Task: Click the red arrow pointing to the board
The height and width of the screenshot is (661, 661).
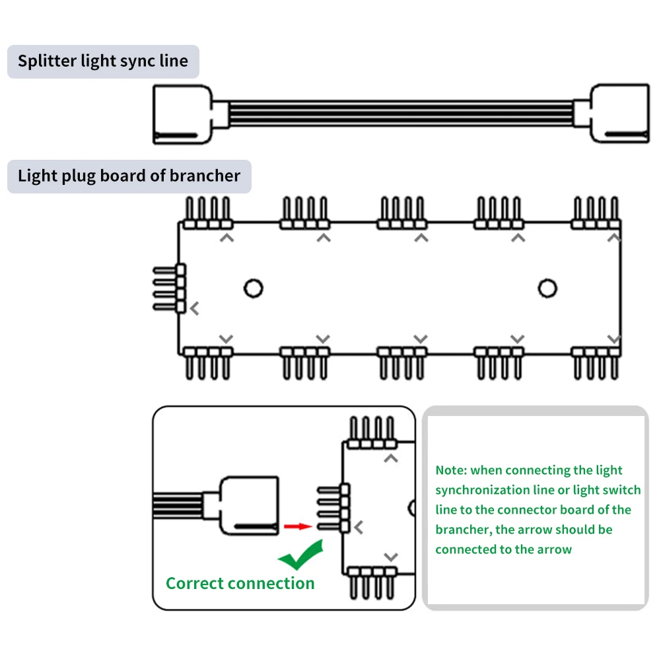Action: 298,526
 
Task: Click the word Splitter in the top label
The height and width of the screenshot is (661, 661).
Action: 47,61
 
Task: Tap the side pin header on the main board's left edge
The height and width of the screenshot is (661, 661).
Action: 170,289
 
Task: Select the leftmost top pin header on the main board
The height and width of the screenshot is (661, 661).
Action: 208,213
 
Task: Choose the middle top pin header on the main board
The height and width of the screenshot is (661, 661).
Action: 401,213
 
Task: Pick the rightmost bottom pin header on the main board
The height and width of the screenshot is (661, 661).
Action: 596,363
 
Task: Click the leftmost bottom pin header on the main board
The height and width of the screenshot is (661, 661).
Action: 208,363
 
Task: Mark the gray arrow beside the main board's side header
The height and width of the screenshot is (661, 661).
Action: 194,308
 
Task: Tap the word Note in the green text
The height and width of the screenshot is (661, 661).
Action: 450,470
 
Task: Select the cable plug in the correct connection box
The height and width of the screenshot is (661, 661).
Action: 249,506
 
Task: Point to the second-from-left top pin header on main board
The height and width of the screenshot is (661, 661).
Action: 305,213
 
